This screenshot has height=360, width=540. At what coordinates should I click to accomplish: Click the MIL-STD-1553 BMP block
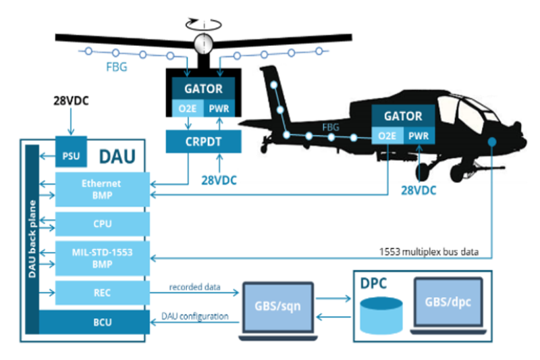point(101,257)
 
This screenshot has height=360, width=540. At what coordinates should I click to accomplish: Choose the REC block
point(101,293)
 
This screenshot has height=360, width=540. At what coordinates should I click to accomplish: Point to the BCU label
point(101,322)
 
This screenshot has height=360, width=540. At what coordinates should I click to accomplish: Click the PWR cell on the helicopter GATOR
point(420,136)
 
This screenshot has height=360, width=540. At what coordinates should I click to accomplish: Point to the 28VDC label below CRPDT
point(220,180)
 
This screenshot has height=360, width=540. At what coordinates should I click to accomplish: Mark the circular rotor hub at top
point(200,43)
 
